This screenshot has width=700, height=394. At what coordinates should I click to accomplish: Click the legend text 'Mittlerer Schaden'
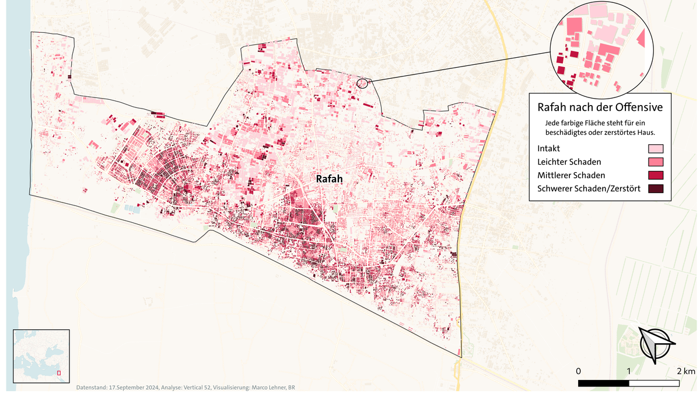tap(570, 175)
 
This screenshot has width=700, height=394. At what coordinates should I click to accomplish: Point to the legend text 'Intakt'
tap(548, 149)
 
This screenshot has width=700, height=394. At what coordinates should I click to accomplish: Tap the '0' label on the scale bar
tap(578, 372)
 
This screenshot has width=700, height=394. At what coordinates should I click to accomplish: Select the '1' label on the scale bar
tap(629, 372)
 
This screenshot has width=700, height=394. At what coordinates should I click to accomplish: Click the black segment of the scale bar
tap(603, 383)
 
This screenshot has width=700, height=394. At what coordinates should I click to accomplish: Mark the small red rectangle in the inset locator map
tap(58, 373)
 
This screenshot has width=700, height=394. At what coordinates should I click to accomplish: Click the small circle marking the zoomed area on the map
tap(363, 83)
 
